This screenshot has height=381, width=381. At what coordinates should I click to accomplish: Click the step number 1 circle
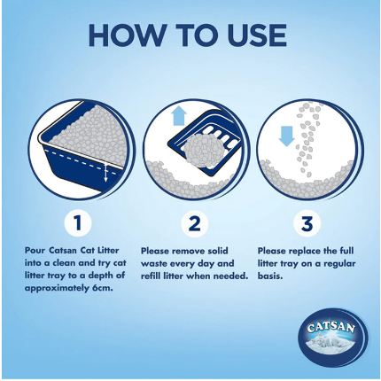[x=78, y=222]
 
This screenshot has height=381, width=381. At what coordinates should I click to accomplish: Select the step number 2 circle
[x=195, y=222]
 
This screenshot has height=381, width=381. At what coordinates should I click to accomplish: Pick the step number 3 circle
[x=307, y=222]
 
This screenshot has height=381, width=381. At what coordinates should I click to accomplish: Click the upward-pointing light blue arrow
[x=179, y=116]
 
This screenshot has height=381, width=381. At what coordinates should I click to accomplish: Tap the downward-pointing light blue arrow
[x=286, y=136]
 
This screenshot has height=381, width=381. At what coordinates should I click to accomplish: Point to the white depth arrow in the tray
[x=105, y=171]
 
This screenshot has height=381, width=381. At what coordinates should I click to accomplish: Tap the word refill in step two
[x=151, y=276]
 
